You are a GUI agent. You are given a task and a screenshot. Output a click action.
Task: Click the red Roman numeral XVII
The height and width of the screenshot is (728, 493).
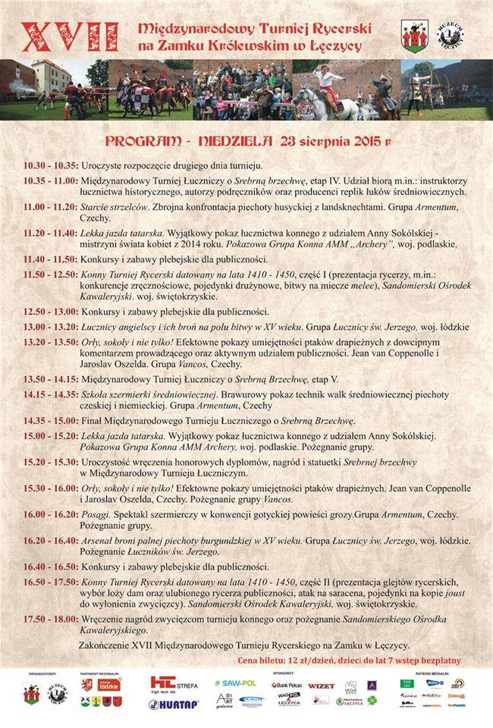pos(71,36)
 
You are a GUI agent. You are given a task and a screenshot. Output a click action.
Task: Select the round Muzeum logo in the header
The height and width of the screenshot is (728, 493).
pos(452,35)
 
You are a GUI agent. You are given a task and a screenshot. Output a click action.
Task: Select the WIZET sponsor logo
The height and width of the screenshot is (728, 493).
pos(321,685)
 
